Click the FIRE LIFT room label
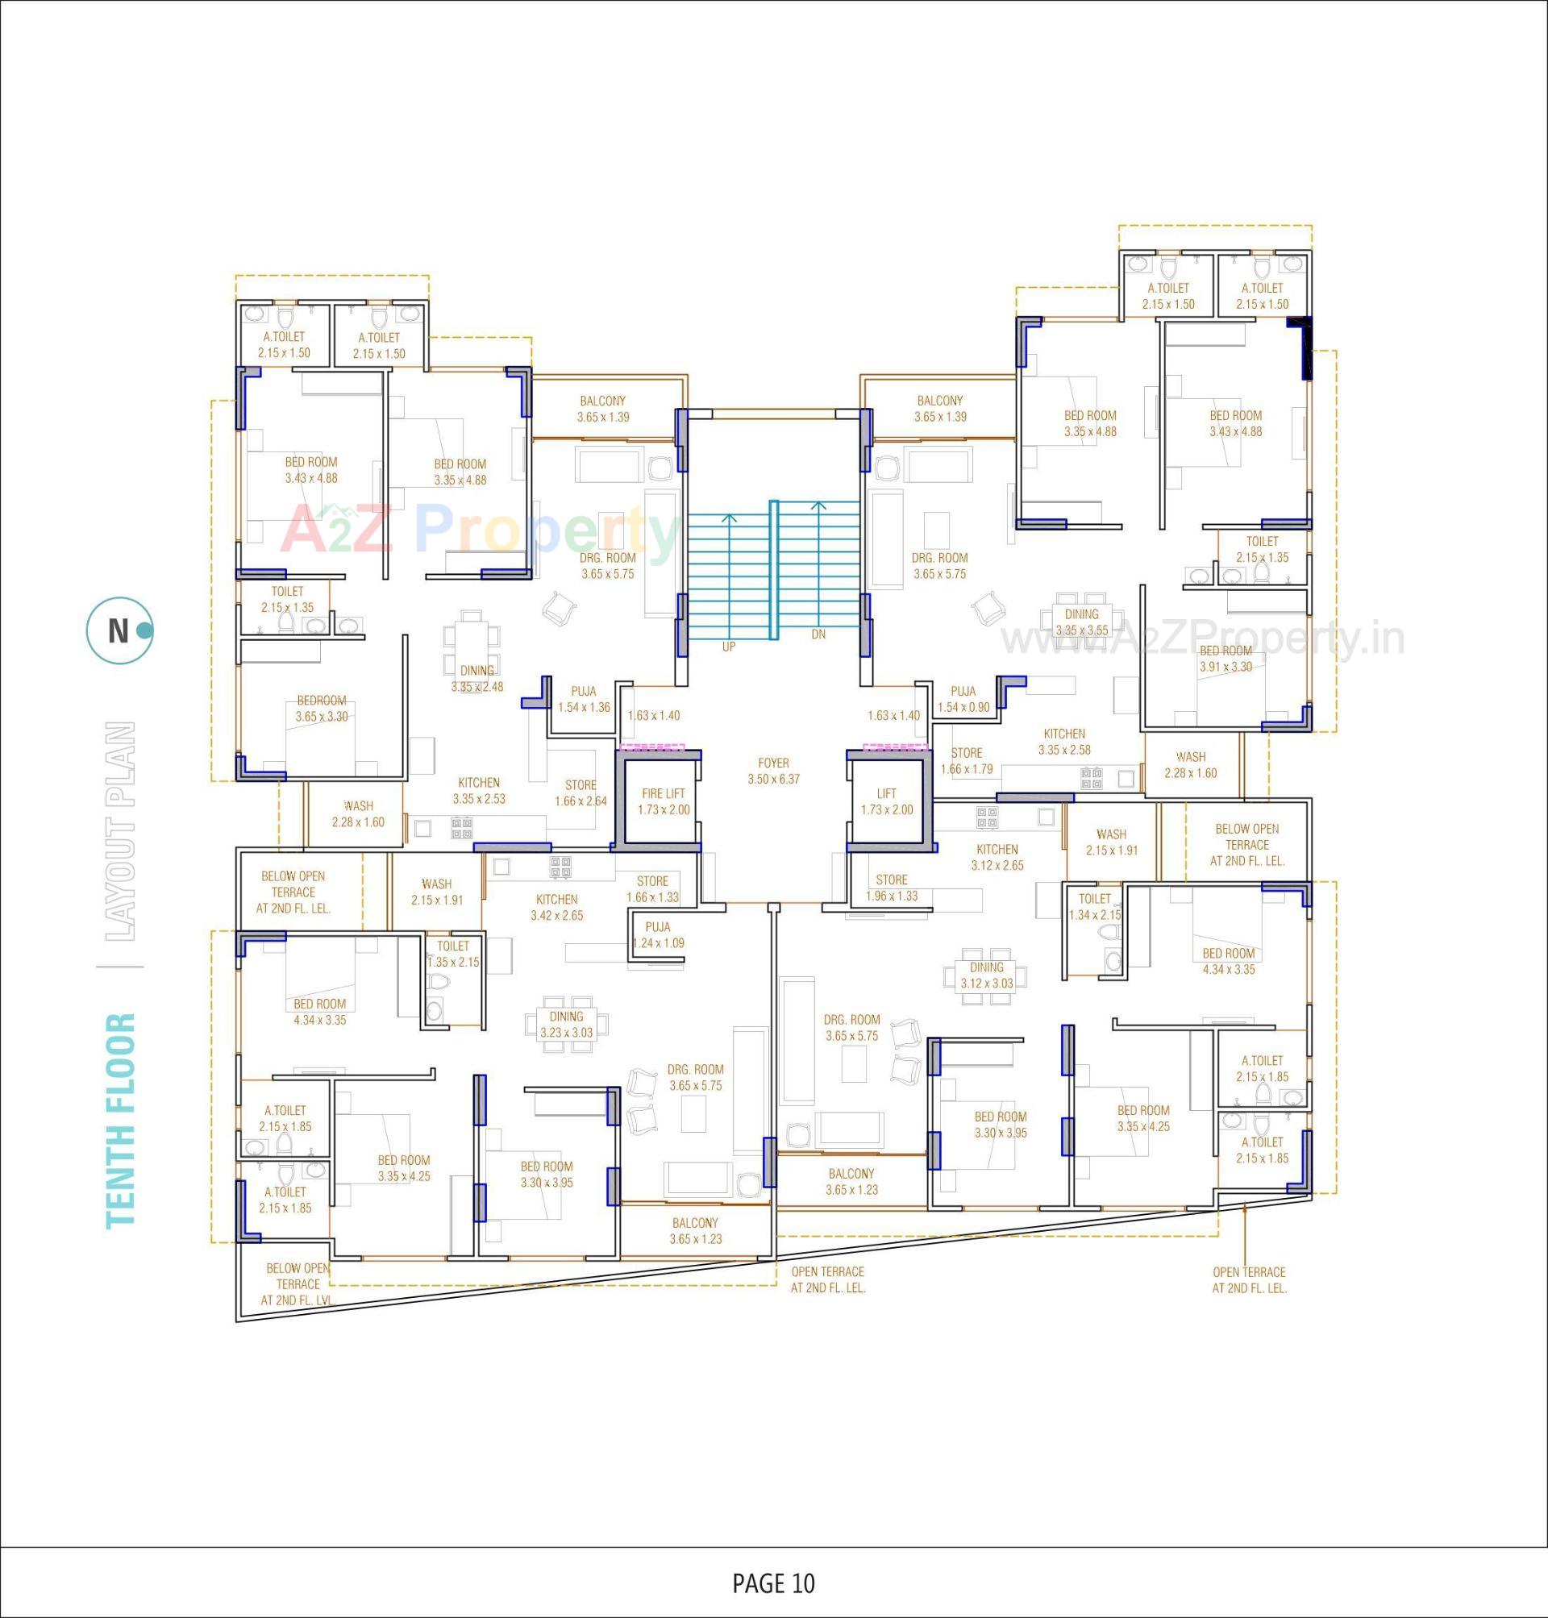pyautogui.click(x=664, y=801)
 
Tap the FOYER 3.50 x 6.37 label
pyautogui.click(x=773, y=771)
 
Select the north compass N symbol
pyautogui.click(x=119, y=631)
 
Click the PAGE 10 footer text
pyautogui.click(x=773, y=1583)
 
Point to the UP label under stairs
pyautogui.click(x=729, y=647)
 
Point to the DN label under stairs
pyautogui.click(x=818, y=634)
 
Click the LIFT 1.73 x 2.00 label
pyautogui.click(x=886, y=801)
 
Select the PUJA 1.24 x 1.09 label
pyautogui.click(x=658, y=935)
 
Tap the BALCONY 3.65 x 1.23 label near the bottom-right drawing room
pyautogui.click(x=851, y=1181)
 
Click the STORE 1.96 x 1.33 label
pyautogui.click(x=891, y=888)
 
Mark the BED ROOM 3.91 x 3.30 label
pyautogui.click(x=1225, y=659)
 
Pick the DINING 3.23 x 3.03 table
pyautogui.click(x=567, y=1024)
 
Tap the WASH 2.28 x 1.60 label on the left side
pyautogui.click(x=358, y=813)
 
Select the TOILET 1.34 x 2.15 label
pyautogui.click(x=1094, y=906)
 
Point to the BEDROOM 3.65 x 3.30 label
pyautogui.click(x=321, y=708)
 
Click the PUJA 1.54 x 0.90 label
pyautogui.click(x=963, y=699)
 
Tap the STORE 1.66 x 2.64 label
pyautogui.click(x=581, y=793)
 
